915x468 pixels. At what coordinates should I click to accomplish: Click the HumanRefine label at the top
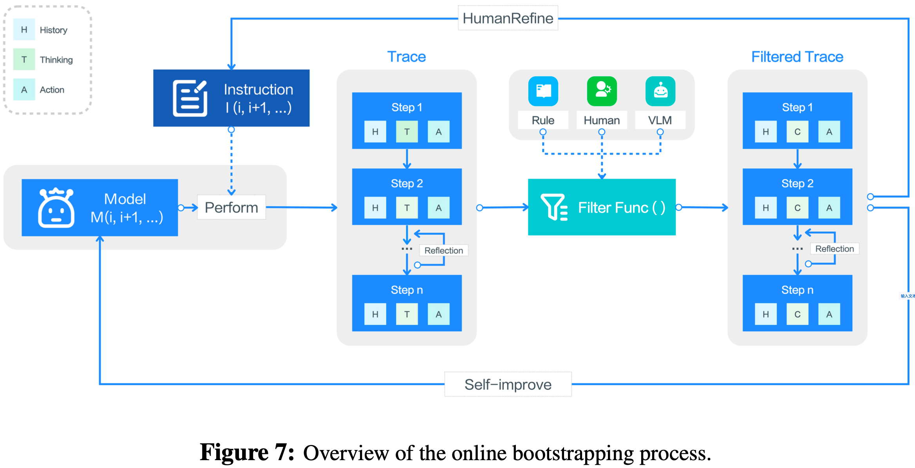coord(508,18)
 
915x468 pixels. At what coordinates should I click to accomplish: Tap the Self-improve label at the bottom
coord(508,385)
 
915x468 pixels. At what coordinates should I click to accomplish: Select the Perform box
coord(231,207)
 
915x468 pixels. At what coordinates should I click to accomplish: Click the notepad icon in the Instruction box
coord(190,98)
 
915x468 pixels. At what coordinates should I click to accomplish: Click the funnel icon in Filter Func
coord(553,207)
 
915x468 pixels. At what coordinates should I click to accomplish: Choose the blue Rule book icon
coord(543,91)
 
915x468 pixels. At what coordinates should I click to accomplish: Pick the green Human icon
coord(602,91)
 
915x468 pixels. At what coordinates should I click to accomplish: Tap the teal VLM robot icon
coord(660,91)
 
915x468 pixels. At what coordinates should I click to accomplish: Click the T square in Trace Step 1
coord(407,132)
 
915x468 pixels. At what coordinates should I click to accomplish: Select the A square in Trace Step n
coord(438,314)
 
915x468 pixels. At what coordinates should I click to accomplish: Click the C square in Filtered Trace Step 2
coord(797,208)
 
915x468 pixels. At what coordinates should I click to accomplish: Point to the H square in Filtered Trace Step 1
coord(765,132)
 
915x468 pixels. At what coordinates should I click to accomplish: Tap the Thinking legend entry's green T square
coord(24,60)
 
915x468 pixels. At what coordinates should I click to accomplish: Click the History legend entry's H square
coord(24,30)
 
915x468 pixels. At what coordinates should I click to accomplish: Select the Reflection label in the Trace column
coord(443,250)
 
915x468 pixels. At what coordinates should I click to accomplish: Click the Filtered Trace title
coord(797,57)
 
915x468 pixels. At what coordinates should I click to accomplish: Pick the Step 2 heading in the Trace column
coord(407,183)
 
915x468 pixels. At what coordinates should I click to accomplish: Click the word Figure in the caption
coord(234,452)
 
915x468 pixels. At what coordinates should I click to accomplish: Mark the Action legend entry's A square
coord(24,90)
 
